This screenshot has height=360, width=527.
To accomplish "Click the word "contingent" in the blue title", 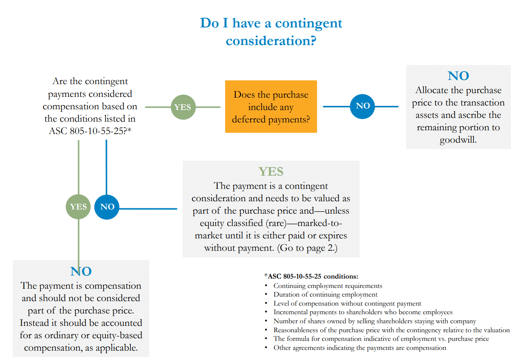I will [308, 23].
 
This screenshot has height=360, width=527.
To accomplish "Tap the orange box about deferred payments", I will [271, 107].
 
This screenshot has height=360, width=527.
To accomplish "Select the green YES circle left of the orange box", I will [183, 107].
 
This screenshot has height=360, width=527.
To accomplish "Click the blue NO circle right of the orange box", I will [362, 106].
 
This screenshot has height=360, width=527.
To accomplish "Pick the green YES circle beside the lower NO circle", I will [78, 206].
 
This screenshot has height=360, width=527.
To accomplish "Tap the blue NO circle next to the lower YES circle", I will [107, 206].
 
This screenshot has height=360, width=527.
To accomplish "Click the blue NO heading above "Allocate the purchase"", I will [458, 76].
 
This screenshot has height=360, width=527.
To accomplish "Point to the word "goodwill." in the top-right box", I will [458, 140].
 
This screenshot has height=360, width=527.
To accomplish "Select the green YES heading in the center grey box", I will [271, 172].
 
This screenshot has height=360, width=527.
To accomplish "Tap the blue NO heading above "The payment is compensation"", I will [81, 271].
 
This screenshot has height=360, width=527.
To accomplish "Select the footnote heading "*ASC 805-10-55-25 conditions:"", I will [311, 276].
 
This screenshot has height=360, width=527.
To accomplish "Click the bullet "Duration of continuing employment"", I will [325, 294].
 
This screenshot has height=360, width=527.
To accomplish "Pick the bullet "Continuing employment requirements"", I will [327, 286].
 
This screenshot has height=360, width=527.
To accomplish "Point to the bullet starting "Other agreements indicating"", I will [359, 348].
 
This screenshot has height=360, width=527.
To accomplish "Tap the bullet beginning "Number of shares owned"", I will [374, 321].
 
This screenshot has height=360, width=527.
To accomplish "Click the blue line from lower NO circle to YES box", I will [148, 209].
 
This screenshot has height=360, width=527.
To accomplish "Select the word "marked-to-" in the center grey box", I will [320, 223].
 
